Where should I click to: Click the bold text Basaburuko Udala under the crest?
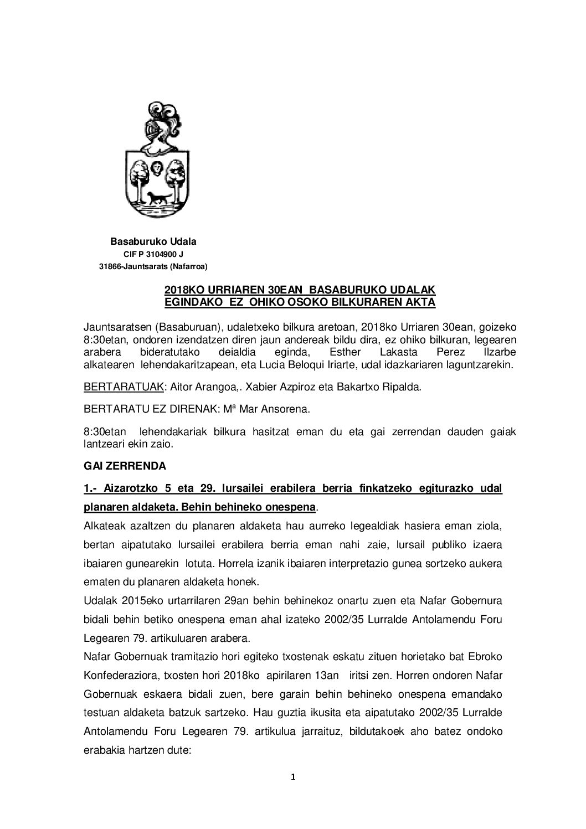[x=153, y=241]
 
